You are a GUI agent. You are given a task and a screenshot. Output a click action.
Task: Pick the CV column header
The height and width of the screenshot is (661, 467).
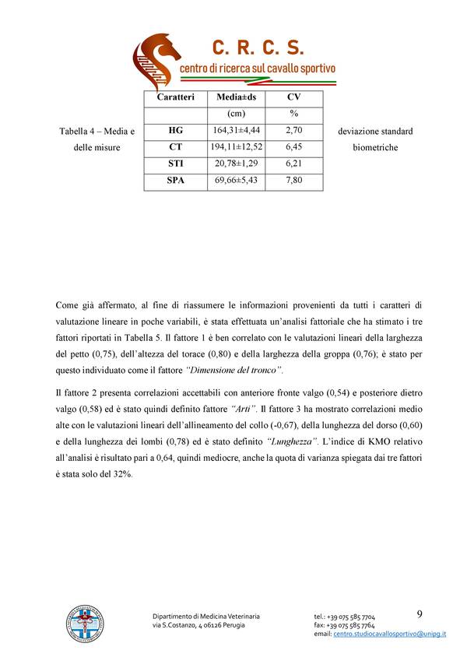pyautogui.click(x=293, y=97)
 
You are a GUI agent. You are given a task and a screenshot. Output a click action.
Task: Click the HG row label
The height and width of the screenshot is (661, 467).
pyautogui.click(x=175, y=131)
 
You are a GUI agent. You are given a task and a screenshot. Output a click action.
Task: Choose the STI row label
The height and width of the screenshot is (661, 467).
pyautogui.click(x=175, y=163)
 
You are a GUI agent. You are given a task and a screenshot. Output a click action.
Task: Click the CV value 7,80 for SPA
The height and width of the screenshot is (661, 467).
pyautogui.click(x=293, y=181)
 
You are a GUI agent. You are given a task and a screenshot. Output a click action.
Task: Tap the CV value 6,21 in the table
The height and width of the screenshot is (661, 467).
pyautogui.click(x=293, y=163)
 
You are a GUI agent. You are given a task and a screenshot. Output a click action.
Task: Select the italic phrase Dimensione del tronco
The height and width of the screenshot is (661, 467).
pyautogui.click(x=235, y=368)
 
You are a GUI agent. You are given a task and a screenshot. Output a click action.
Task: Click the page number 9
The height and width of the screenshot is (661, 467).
pyautogui.click(x=420, y=614)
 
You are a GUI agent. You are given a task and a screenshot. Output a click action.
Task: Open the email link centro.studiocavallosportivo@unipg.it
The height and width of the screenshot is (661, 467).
pyautogui.click(x=389, y=635)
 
